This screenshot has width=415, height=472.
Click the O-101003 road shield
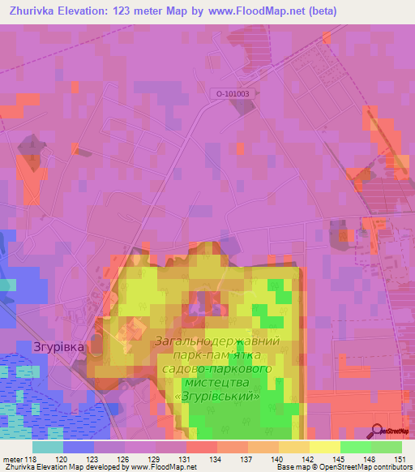click(x=233, y=94)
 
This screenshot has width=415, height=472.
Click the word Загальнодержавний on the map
click(x=216, y=341)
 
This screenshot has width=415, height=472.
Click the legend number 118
click(x=32, y=458)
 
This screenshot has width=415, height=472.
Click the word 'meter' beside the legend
click(x=13, y=458)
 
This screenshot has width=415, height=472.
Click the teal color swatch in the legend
click(x=47, y=446)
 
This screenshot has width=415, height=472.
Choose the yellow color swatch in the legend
click(x=324, y=446)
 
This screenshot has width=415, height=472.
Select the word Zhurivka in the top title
click(x=34, y=11)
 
